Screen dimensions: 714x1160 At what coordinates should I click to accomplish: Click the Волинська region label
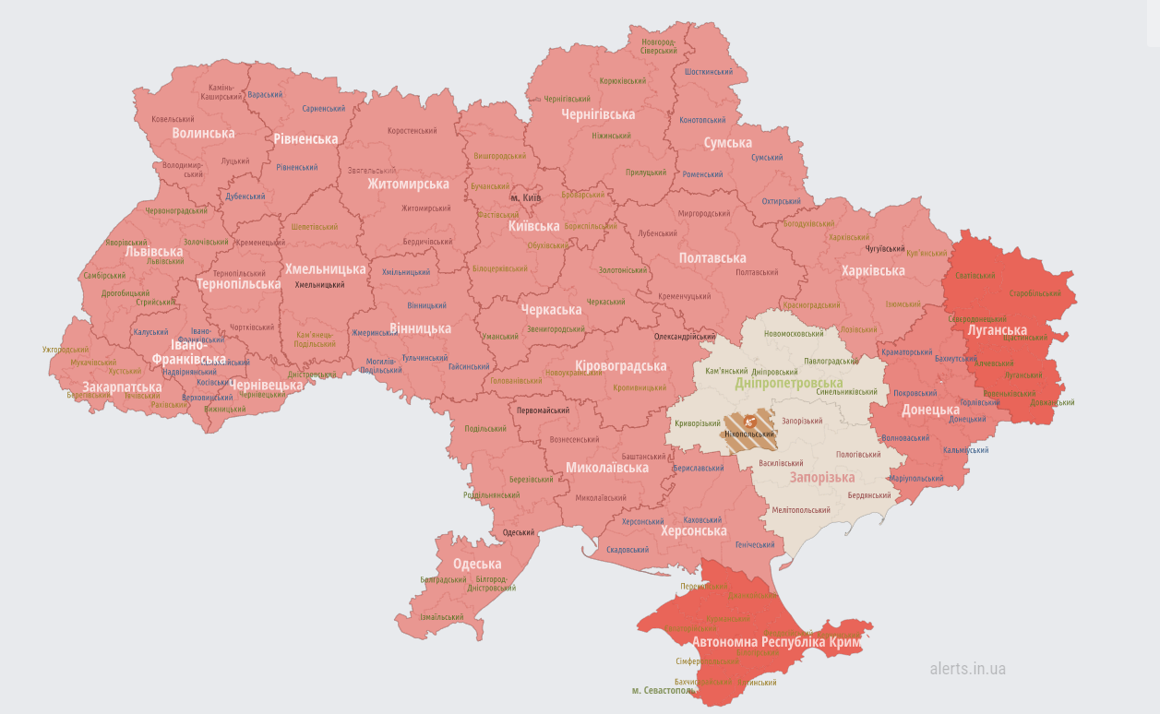tap(203, 133)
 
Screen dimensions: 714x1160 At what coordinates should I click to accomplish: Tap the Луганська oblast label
tap(997, 330)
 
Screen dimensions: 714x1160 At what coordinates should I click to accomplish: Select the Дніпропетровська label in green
tap(788, 383)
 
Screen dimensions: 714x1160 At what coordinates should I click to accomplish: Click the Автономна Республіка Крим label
tap(776, 641)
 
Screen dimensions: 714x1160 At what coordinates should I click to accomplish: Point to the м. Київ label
tap(526, 197)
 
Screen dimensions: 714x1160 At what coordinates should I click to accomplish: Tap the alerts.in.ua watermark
tap(967, 669)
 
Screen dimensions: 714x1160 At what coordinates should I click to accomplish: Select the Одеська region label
tap(477, 564)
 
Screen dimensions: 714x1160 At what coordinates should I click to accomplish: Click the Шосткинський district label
tap(709, 72)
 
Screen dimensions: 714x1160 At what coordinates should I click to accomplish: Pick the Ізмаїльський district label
tap(441, 617)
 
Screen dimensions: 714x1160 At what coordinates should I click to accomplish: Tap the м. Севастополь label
tap(662, 690)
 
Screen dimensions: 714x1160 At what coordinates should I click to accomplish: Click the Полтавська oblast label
tap(712, 258)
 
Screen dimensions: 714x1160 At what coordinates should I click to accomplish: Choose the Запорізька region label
tap(821, 477)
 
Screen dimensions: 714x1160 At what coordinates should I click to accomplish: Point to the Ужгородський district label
tap(66, 350)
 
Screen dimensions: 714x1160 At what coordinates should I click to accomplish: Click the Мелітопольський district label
tap(800, 510)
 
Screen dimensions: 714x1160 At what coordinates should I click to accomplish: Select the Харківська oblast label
tap(872, 270)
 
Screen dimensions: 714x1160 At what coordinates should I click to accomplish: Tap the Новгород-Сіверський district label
tap(659, 46)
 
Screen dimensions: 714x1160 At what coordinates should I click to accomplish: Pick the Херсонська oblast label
tap(693, 531)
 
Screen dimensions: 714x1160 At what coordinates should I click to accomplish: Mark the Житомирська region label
tap(408, 184)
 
